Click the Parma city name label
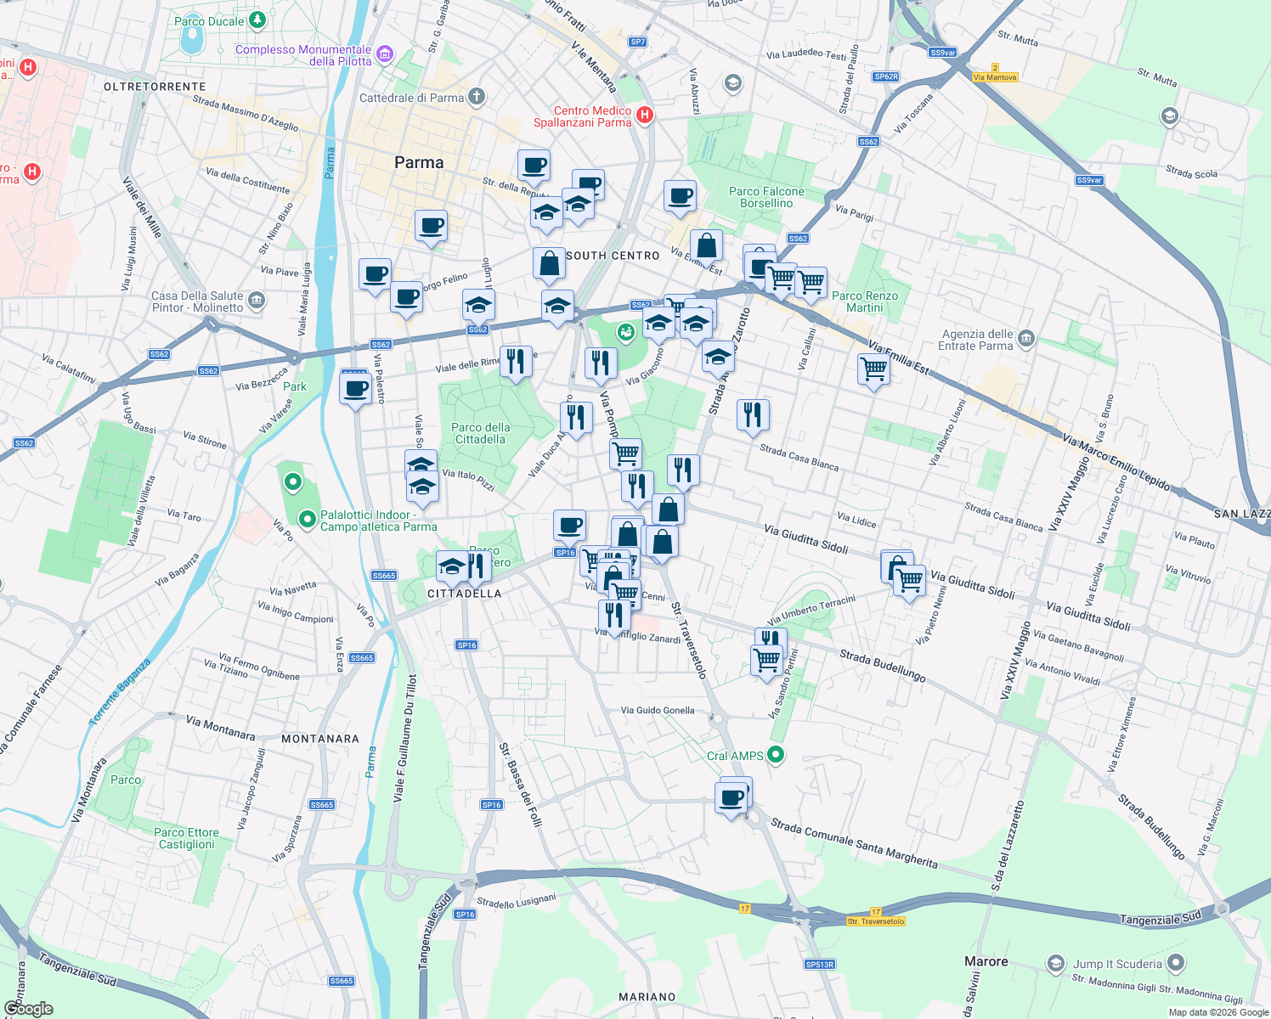pyautogui.click(x=419, y=162)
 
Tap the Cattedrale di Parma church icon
pyautogui.click(x=477, y=97)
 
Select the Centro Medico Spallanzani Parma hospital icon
pyautogui.click(x=645, y=115)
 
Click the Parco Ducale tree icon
pyautogui.click(x=257, y=20)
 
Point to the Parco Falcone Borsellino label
pyautogui.click(x=766, y=197)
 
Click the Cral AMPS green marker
pyautogui.click(x=775, y=754)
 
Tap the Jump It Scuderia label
pyautogui.click(x=1116, y=964)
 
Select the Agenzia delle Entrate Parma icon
pyautogui.click(x=1026, y=340)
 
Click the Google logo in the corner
pyautogui.click(x=28, y=1009)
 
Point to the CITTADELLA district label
pyautogui.click(x=464, y=594)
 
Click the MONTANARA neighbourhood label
pyautogui.click(x=320, y=739)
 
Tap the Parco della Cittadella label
pyautogui.click(x=481, y=433)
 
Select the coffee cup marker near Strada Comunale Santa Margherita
pyautogui.click(x=732, y=798)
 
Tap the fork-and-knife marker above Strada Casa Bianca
pyautogui.click(x=752, y=415)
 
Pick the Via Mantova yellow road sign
pyautogui.click(x=995, y=77)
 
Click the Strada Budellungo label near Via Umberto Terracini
pyautogui.click(x=882, y=666)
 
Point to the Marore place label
pyautogui.click(x=986, y=961)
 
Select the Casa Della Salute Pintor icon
pyautogui.click(x=257, y=301)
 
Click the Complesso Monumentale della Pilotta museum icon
pyautogui.click(x=385, y=55)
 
